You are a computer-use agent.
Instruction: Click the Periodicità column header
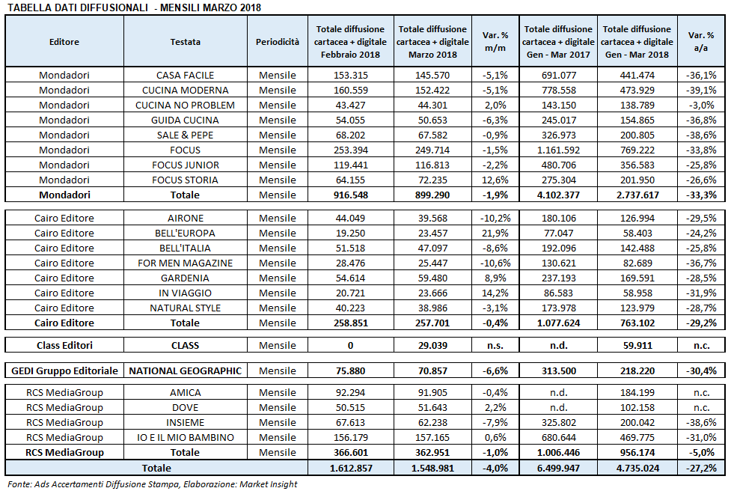pyautogui.click(x=277, y=42)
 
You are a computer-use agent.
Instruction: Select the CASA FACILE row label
pyautogui.click(x=185, y=75)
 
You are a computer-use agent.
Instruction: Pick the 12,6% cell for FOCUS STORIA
pyautogui.click(x=495, y=180)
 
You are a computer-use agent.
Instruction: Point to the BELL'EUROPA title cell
pyautogui.click(x=185, y=233)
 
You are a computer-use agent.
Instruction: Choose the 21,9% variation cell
pyautogui.click(x=495, y=233)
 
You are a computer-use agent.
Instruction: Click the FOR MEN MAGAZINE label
pyautogui.click(x=185, y=263)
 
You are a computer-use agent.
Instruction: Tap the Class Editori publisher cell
pyautogui.click(x=64, y=345)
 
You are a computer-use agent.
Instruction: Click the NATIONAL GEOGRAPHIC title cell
pyautogui.click(x=185, y=370)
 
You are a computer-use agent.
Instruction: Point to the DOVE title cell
pyautogui.click(x=185, y=407)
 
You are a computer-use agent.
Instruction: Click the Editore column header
pyautogui.click(x=64, y=42)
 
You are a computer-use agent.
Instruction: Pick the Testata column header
pyautogui.click(x=185, y=42)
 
